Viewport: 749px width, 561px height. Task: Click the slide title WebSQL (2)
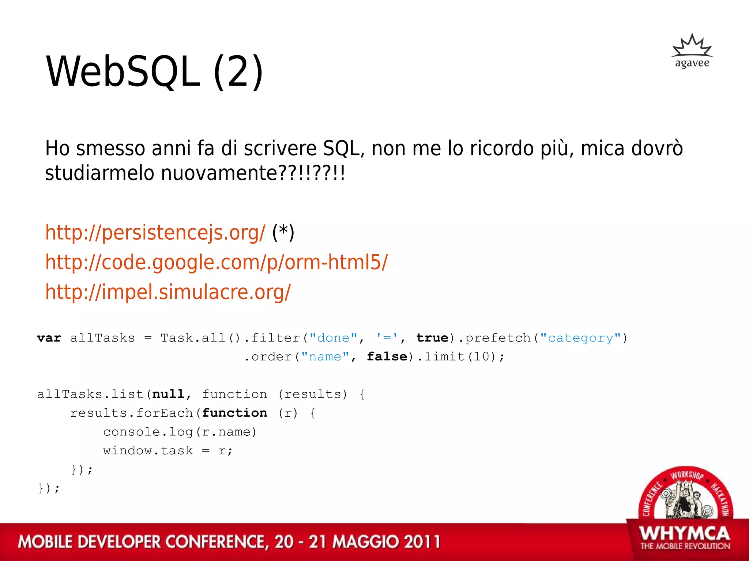pos(154,72)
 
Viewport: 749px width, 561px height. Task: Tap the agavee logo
pos(692,51)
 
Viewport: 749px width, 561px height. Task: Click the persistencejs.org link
pos(155,233)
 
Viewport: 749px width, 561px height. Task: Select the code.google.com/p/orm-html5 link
pos(216,262)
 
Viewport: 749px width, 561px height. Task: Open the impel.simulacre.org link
pos(168,292)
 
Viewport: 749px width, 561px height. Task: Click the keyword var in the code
pos(49,338)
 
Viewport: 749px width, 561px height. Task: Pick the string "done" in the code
pos(333,338)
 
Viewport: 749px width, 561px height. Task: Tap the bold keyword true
pos(432,338)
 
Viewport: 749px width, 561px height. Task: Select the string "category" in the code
pos(580,338)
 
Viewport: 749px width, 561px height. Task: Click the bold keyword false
pos(387,356)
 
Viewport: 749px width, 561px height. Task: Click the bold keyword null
pos(168,394)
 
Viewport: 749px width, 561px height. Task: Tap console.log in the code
pos(148,432)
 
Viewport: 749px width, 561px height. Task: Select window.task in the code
pos(148,451)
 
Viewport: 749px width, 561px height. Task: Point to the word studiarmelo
pos(99,173)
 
